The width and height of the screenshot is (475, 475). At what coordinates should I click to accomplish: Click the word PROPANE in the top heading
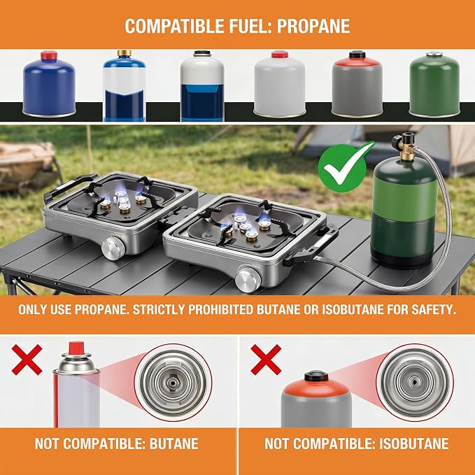pos(313,26)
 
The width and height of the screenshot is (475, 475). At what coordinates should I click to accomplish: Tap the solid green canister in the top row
pos(434,84)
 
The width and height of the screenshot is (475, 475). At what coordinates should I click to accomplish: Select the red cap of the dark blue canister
pos(49,55)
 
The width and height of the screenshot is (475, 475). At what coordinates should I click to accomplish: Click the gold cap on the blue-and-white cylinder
pos(125,53)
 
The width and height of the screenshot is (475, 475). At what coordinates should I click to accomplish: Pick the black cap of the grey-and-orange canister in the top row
pos(357,55)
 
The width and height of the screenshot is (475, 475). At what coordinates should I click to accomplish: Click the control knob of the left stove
pos(113,248)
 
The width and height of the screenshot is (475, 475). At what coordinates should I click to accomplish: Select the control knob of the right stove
pos(248,278)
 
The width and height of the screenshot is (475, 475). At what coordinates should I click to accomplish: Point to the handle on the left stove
pos(69,186)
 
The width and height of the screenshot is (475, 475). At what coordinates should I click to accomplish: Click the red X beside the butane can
pos(27,360)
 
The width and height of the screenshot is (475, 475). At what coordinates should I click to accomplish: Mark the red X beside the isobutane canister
pos(266,360)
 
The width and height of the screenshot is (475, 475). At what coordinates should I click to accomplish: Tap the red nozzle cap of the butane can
pos(76,348)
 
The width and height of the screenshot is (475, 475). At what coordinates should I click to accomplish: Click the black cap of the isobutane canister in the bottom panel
pos(316,376)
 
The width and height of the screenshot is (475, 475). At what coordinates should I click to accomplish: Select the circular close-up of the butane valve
pos(173,382)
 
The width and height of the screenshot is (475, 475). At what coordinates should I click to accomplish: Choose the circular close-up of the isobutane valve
pos(415,382)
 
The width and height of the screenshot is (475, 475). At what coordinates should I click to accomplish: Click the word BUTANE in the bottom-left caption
pos(174,444)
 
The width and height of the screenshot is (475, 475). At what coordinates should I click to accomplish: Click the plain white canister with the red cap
pos(279,84)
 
